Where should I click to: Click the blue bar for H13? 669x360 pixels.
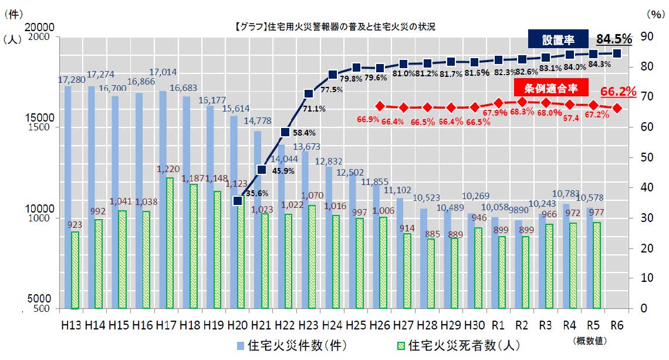tap(68, 197)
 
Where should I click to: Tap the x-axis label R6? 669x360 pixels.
tap(617, 324)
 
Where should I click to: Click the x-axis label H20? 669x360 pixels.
tap(238, 324)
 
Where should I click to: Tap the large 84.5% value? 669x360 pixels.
tap(614, 39)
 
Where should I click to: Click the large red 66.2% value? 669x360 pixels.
tap(619, 92)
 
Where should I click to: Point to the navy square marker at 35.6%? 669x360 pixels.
tap(238, 201)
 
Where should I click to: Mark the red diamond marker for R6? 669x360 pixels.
tap(617, 108)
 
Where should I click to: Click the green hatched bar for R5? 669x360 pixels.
tap(597, 265)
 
